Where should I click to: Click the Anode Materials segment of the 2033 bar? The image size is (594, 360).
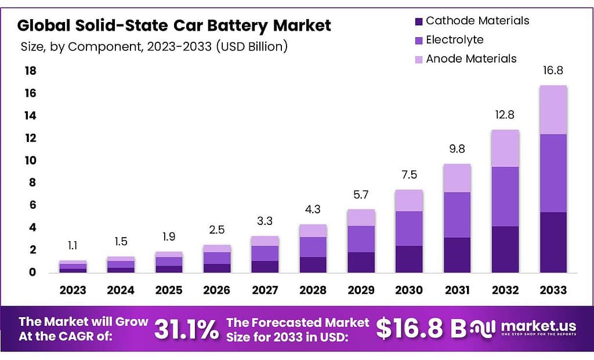(x=553, y=110)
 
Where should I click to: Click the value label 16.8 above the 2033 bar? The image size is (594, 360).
(x=553, y=71)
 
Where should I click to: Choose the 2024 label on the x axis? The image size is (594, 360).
(x=120, y=290)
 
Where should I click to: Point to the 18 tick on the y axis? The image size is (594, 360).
(x=31, y=71)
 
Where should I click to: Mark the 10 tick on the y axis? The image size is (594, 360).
(x=31, y=160)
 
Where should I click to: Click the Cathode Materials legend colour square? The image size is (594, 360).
(x=418, y=21)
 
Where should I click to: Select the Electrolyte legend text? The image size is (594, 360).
(x=454, y=40)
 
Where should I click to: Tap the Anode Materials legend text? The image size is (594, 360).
(x=471, y=59)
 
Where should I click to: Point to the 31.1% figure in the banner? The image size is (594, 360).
(x=186, y=329)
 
